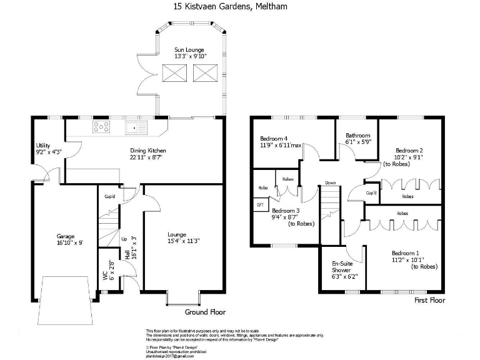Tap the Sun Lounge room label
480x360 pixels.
tap(189, 49)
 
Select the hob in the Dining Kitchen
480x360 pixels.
tap(102, 127)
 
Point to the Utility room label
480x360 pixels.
tap(43, 146)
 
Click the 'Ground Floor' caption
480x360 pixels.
tap(206, 312)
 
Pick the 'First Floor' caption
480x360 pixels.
tap(429, 301)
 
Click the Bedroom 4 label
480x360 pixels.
tap(274, 139)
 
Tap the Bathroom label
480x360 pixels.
tap(358, 136)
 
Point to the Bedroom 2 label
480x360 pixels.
tap(409, 150)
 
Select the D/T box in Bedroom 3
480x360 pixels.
tap(260, 204)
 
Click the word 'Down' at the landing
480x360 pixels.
tap(330, 183)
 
